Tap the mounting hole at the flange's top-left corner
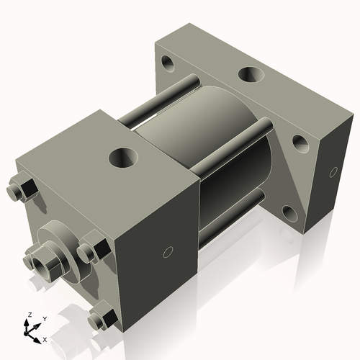pos(170,64)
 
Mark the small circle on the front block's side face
pos(168,252)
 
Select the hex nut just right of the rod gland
pos(91,251)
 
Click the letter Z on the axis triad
pos(29,315)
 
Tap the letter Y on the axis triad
pos(44,319)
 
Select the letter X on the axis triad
pos(45,338)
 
